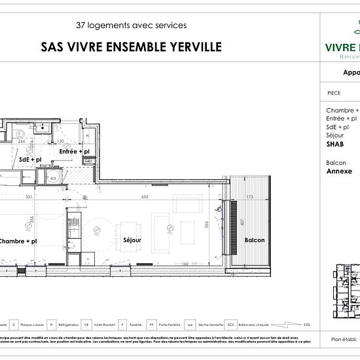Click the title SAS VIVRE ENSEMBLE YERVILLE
click(131, 46)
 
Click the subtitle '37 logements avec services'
click(131, 26)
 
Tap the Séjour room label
click(132, 241)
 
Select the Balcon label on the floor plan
click(255, 240)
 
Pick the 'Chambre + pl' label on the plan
click(21, 241)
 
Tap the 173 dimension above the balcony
click(249, 196)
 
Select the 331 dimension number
click(29, 196)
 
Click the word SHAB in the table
click(334, 143)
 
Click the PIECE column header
click(333, 94)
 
